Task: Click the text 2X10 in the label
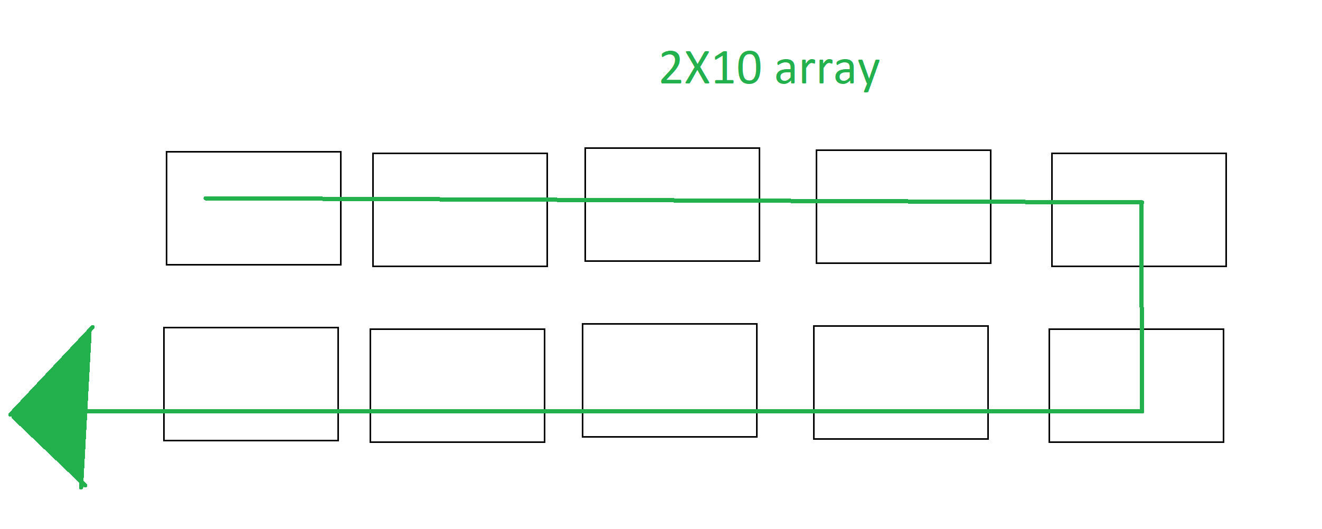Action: [710, 68]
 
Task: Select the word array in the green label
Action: [827, 71]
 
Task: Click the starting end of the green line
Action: [206, 199]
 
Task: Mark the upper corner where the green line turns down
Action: [1141, 202]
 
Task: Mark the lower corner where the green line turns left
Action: [1141, 411]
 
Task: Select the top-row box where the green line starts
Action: [253, 232]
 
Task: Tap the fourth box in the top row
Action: [903, 232]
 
